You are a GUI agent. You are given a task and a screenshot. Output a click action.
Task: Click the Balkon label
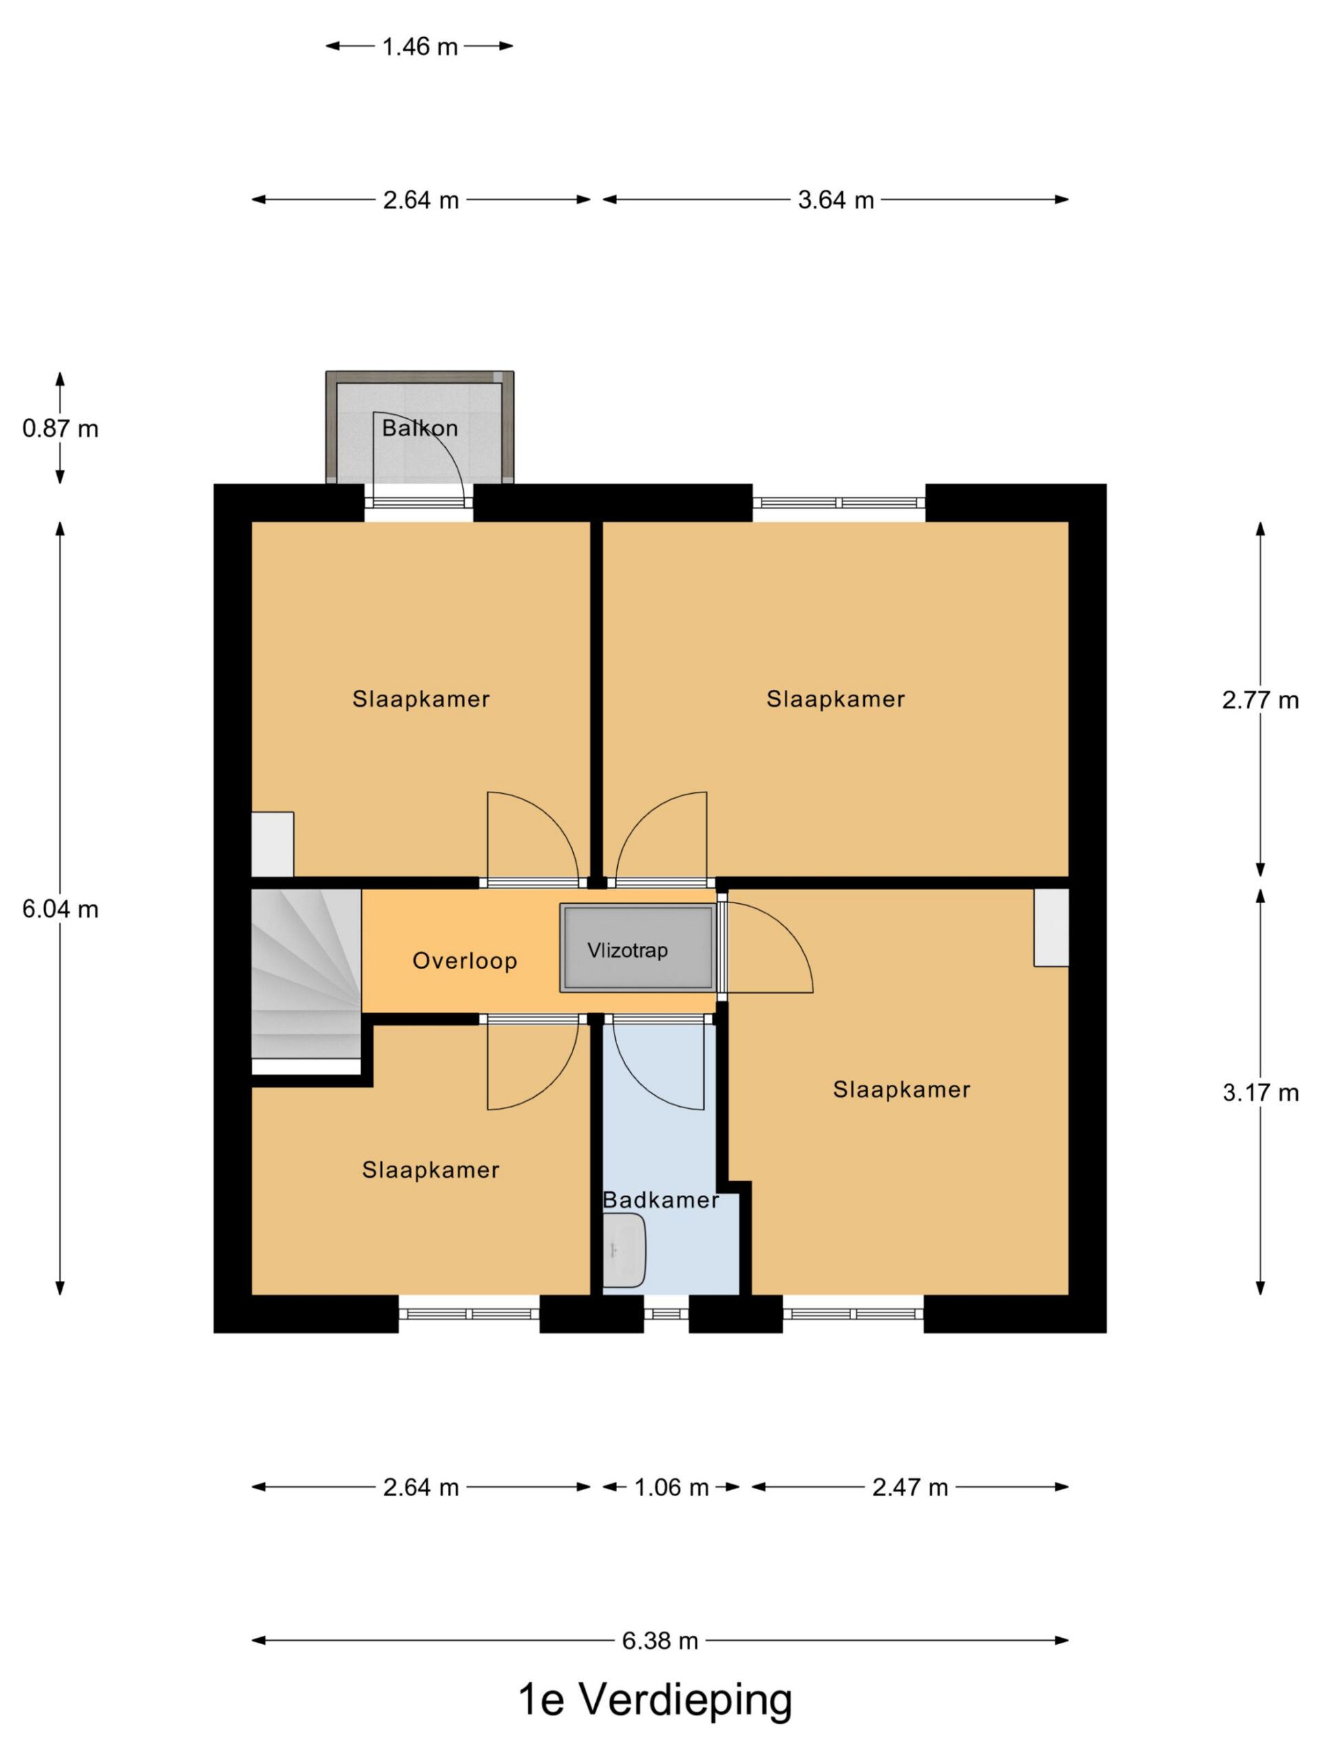click(x=420, y=429)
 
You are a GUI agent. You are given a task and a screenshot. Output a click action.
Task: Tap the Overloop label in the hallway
click(x=464, y=961)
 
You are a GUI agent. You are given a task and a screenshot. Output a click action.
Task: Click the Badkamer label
click(x=660, y=1200)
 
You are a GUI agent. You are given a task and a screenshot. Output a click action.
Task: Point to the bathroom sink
click(x=623, y=1250)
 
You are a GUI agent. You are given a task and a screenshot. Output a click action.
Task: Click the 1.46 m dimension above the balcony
click(x=420, y=47)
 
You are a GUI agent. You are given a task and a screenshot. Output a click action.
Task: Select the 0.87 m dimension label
click(x=61, y=429)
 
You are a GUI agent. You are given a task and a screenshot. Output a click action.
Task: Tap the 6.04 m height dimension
click(x=61, y=909)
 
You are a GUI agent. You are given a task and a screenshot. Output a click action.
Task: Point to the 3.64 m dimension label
click(x=835, y=199)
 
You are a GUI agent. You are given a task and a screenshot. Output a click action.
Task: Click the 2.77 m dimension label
click(x=1260, y=700)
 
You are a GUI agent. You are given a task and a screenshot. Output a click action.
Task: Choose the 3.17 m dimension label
click(x=1260, y=1092)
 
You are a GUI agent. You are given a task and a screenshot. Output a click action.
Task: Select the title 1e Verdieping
click(x=655, y=1700)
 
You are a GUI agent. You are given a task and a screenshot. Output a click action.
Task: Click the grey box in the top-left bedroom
click(x=272, y=844)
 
